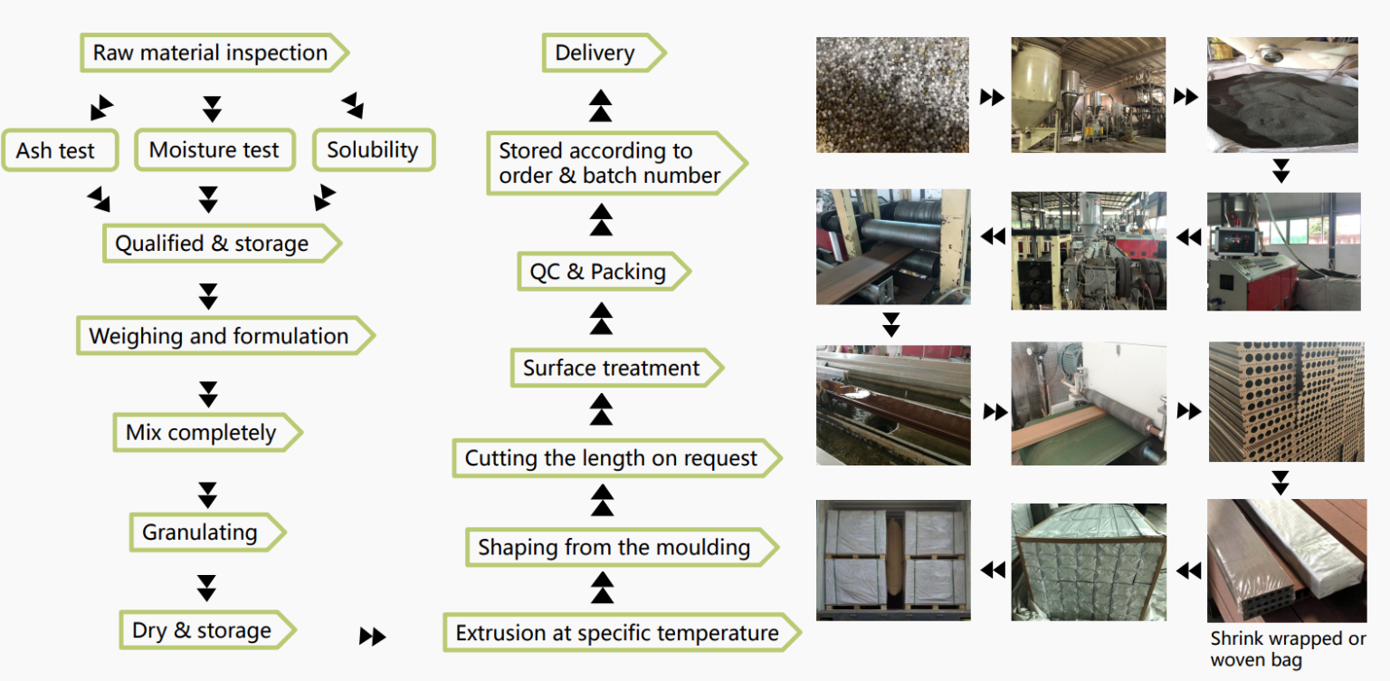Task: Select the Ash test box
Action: click(56, 150)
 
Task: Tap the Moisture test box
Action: click(214, 150)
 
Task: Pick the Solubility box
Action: click(373, 150)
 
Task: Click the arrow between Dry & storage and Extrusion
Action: click(372, 637)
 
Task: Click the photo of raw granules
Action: click(892, 94)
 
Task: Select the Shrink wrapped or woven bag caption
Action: click(1288, 649)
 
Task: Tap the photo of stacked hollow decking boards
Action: click(1286, 401)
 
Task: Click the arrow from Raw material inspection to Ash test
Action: click(101, 108)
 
